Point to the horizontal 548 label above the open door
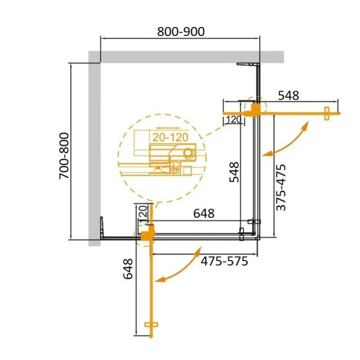pos(289,95)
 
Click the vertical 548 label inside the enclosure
pos(234,172)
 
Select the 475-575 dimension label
pos(224,261)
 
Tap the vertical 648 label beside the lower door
pos(127,269)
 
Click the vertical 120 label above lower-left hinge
pos(143,213)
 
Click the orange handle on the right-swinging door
pos(328,113)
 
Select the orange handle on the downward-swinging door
pos(150,325)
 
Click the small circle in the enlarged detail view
pos(189,153)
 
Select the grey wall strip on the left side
pos(94,150)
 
